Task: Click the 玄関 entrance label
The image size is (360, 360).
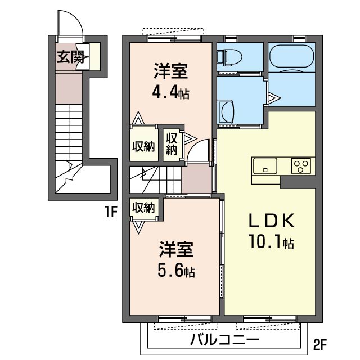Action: coord(70,56)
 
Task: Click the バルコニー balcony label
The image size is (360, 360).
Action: coord(224,340)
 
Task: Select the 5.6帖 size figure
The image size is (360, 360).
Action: coord(176,271)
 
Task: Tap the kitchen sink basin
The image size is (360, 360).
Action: coord(264,166)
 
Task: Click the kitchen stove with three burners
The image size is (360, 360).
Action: coord(300,166)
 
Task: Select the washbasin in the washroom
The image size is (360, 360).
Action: coord(227,110)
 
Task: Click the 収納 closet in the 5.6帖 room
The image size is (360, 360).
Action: coord(143,207)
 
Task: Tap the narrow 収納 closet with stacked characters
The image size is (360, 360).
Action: coord(171,143)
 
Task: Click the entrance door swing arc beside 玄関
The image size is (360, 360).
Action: coord(73,25)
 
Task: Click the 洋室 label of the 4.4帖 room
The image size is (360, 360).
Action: coord(170,72)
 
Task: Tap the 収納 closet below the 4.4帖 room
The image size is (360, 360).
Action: coord(143,146)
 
